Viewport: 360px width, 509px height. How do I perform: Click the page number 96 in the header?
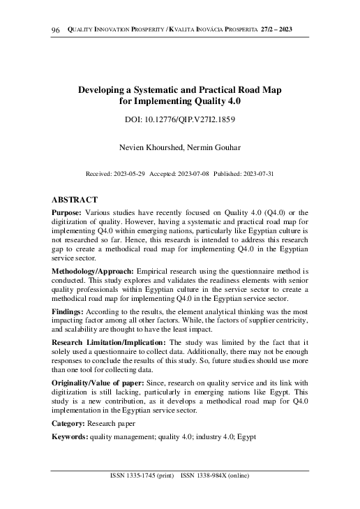(57, 29)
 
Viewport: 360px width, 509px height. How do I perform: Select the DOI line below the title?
(179, 119)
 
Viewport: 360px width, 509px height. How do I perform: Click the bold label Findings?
(68, 307)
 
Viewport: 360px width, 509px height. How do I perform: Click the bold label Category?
(69, 423)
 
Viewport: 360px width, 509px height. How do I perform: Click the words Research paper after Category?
(112, 423)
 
